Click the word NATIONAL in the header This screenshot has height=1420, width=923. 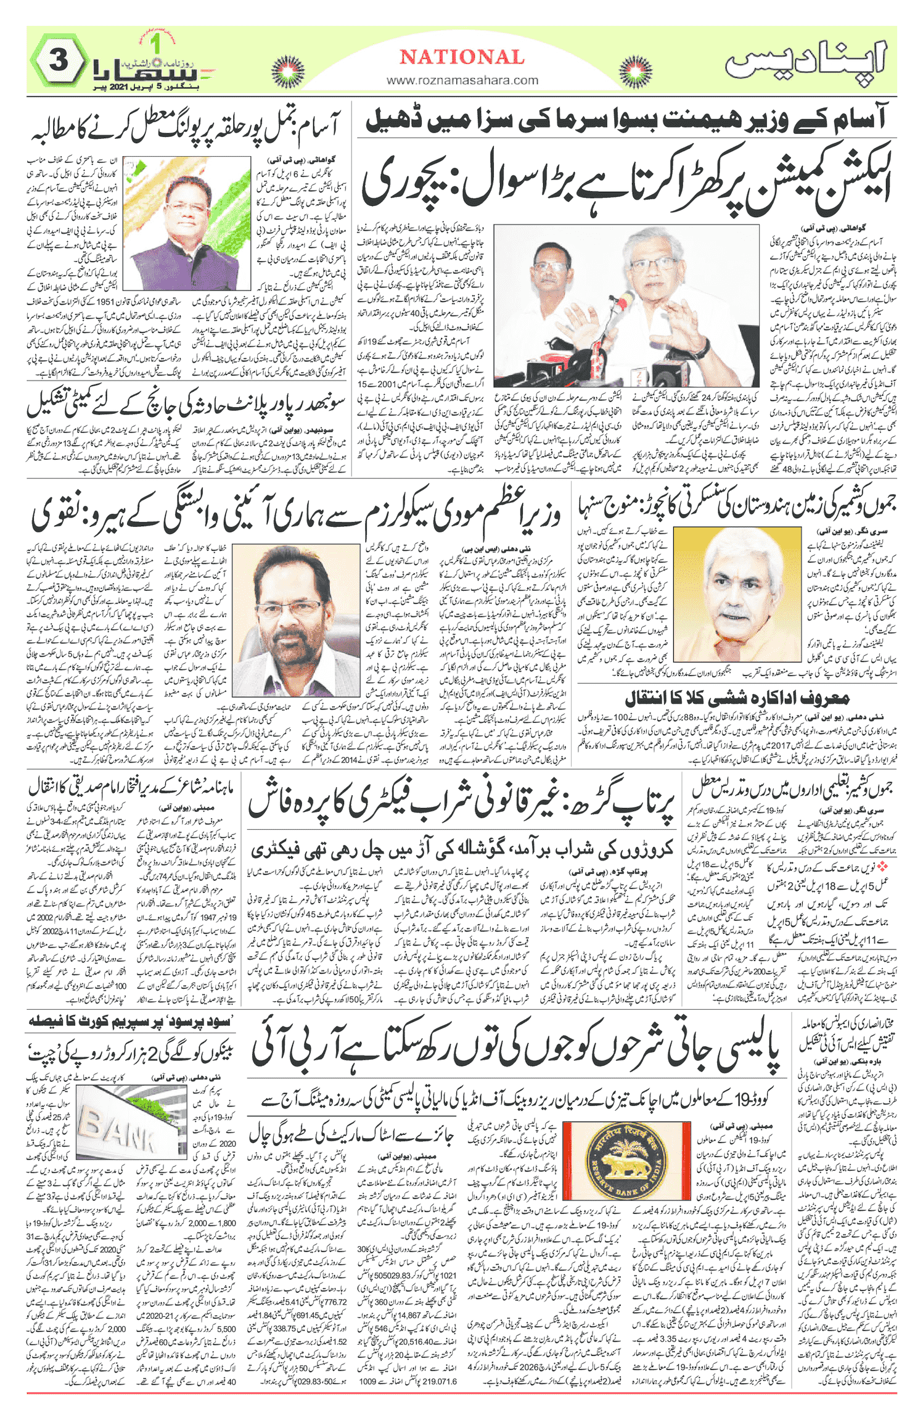click(x=462, y=57)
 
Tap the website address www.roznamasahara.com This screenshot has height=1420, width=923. click(x=462, y=80)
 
